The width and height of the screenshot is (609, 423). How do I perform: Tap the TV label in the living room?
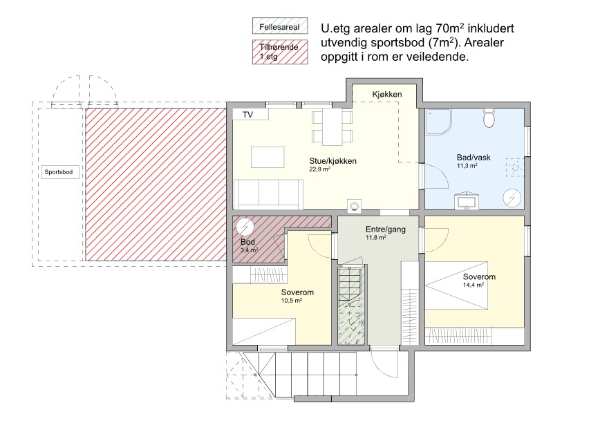pyautogui.click(x=247, y=115)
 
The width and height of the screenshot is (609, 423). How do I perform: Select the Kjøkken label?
pyautogui.click(x=387, y=95)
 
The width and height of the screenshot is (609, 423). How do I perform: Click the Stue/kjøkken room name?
pyautogui.click(x=333, y=161)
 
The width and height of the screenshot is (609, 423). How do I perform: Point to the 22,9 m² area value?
pyautogui.click(x=319, y=169)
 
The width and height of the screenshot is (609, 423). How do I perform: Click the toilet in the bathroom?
pyautogui.click(x=489, y=118)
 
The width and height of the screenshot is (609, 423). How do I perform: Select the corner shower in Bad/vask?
pyautogui.click(x=438, y=122)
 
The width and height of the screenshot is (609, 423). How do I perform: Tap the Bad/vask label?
pyautogui.click(x=473, y=158)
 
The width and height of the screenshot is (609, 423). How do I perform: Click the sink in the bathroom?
pyautogui.click(x=466, y=200)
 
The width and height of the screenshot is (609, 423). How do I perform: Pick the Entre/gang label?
pyautogui.click(x=385, y=229)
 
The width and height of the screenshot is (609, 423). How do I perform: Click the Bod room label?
pyautogui.click(x=247, y=242)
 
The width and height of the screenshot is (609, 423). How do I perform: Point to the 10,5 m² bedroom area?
pyautogui.click(x=292, y=301)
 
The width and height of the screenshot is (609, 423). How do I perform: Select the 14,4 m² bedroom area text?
pyautogui.click(x=473, y=285)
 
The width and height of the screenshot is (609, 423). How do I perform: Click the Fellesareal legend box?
pyautogui.click(x=280, y=26)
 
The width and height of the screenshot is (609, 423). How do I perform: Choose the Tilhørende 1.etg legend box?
pyautogui.click(x=280, y=52)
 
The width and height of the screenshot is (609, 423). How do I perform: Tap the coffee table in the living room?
pyautogui.click(x=268, y=157)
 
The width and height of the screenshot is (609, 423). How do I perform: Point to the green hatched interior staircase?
pyautogui.click(x=351, y=305)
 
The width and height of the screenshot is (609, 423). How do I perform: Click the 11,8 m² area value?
pyautogui.click(x=376, y=237)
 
